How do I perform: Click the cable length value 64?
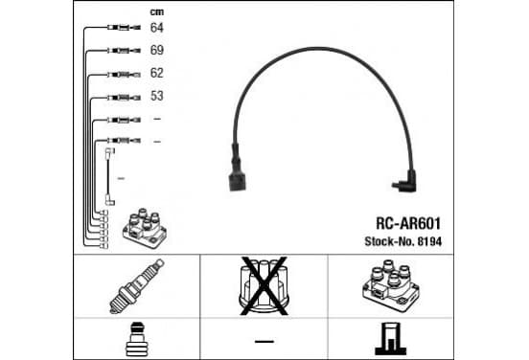pyautogui.click(x=156, y=28)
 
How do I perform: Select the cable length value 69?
pyautogui.click(x=157, y=50)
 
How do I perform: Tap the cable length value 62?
pyautogui.click(x=156, y=73)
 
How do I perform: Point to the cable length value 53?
pyautogui.click(x=157, y=96)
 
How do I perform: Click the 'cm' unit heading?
pyautogui.click(x=157, y=12)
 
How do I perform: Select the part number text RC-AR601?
pyautogui.click(x=408, y=223)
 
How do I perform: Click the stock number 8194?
pyautogui.click(x=429, y=241)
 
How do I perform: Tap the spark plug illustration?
pyautogui.click(x=137, y=286)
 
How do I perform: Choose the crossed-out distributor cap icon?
pyautogui.click(x=264, y=286)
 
